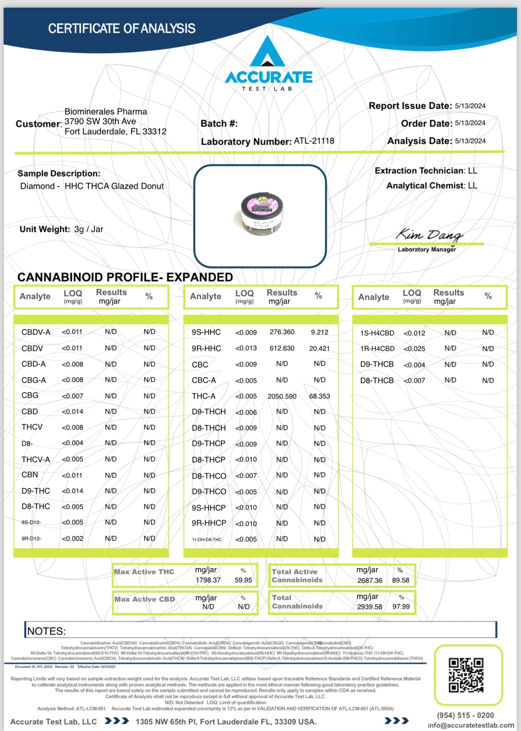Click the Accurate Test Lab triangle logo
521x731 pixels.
click(x=267, y=53)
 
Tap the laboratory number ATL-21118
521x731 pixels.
click(x=314, y=141)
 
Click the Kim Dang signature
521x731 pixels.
click(x=429, y=235)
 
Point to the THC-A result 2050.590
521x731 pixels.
click(x=282, y=396)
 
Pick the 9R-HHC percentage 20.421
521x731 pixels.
click(x=319, y=348)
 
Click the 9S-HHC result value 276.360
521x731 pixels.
click(x=282, y=332)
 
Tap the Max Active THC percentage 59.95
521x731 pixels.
click(x=243, y=580)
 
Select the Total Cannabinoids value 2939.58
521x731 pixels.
click(x=369, y=607)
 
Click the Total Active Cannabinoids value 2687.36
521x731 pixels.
click(x=370, y=580)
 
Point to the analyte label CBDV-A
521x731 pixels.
click(x=36, y=332)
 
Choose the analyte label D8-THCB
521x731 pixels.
click(x=377, y=380)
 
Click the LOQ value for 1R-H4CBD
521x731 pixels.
click(x=414, y=349)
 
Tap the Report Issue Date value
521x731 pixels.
click(x=470, y=106)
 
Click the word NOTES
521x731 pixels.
click(x=46, y=631)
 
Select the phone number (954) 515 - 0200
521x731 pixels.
click(x=465, y=715)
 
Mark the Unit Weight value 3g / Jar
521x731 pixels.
click(x=88, y=229)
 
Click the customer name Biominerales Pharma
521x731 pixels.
click(x=106, y=111)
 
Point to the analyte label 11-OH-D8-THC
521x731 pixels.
click(x=207, y=540)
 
